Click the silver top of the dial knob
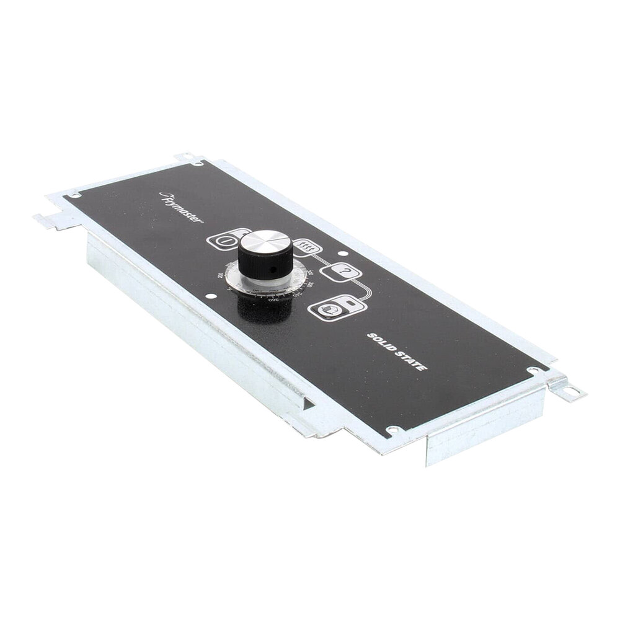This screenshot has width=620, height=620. pos(265,241)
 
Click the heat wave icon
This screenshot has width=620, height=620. pos(306,249)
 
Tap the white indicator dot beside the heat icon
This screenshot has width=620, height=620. pos(343,252)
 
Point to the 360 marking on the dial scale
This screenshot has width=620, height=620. pos(272,300)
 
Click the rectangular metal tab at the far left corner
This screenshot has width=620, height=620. pos(50,221)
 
